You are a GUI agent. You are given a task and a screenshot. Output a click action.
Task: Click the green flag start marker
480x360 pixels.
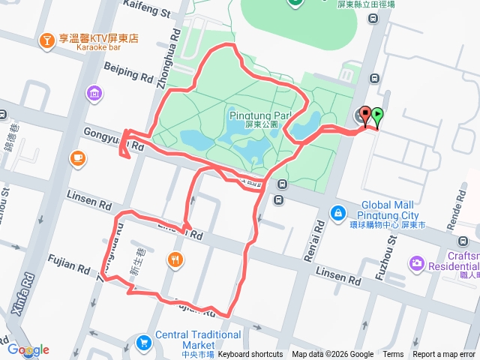point(376,115)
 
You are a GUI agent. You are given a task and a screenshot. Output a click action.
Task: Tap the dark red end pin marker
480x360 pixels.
point(365,115)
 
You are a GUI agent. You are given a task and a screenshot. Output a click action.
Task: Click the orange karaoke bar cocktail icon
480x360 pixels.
point(47,40)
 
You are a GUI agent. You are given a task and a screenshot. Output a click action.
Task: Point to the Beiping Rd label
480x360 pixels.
point(128,72)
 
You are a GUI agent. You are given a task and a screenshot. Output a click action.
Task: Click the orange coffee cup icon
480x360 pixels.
point(78,157)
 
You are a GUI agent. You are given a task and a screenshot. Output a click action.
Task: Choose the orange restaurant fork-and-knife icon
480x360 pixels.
point(175,259)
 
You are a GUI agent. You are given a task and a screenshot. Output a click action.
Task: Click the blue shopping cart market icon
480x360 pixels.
point(143,343)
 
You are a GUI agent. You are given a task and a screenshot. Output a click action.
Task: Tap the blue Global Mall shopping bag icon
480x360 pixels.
point(339,213)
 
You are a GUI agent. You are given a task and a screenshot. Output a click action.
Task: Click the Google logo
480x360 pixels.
point(28,349)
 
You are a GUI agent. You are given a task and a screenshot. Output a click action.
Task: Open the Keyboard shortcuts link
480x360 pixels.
point(250,355)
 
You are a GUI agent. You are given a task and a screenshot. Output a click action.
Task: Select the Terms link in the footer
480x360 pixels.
point(393,355)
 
